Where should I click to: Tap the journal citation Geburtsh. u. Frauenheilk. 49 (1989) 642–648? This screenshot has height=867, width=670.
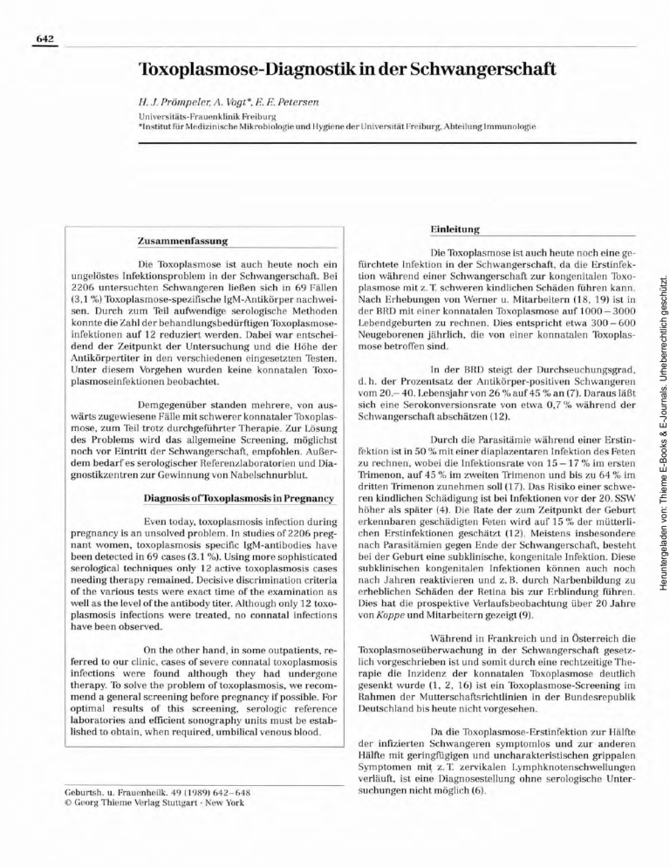152,792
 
